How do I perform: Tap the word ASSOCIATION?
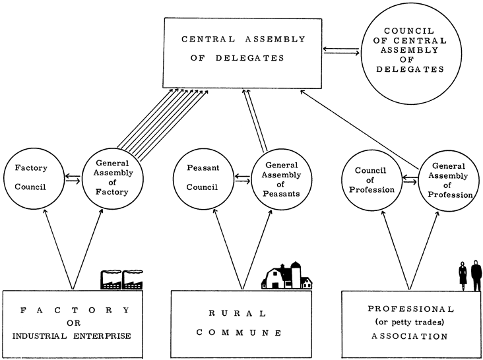pyautogui.click(x=411, y=336)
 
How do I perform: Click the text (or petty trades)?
pyautogui.click(x=411, y=322)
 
